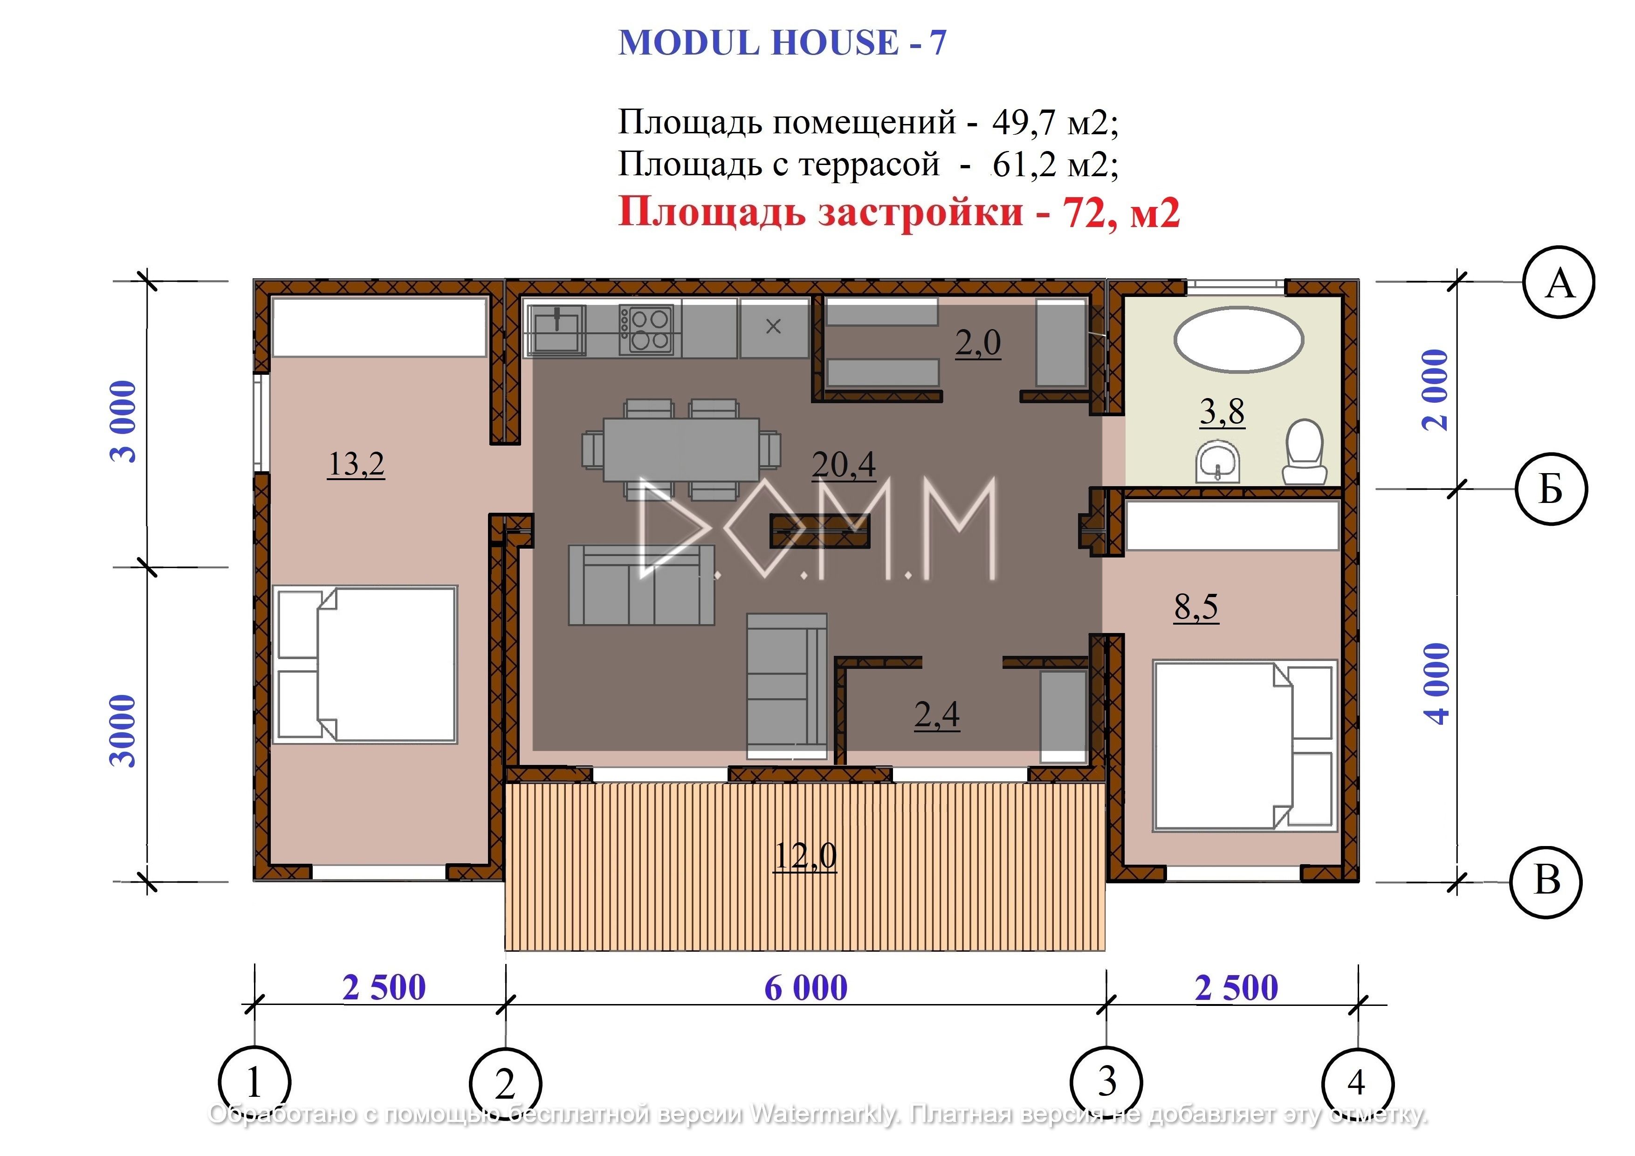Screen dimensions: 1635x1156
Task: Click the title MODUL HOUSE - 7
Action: pyautogui.click(x=782, y=43)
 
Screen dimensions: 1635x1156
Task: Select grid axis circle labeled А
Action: pyautogui.click(x=1559, y=283)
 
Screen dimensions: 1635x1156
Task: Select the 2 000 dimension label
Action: pyautogui.click(x=1436, y=390)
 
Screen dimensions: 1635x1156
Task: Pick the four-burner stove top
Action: pyautogui.click(x=645, y=330)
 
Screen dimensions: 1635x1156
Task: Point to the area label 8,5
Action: pyautogui.click(x=1196, y=607)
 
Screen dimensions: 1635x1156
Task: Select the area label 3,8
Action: pyautogui.click(x=1222, y=412)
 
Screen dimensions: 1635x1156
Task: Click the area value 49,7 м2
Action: pyautogui.click(x=1055, y=123)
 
